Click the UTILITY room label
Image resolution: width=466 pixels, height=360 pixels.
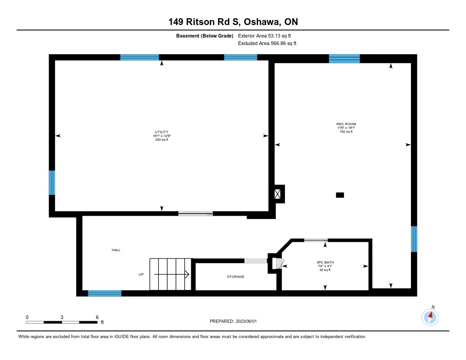162,132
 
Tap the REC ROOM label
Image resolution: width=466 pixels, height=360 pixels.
346,124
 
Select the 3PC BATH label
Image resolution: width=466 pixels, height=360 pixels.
325,262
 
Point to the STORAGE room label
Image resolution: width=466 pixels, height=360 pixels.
236,276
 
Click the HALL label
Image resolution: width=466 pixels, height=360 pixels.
116,250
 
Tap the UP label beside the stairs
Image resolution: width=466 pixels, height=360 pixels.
141,274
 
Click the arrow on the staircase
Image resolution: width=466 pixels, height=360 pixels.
172,274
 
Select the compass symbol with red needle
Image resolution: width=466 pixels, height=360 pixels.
430,317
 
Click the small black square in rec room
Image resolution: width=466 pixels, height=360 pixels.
340,195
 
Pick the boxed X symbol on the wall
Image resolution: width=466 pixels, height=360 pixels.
277,194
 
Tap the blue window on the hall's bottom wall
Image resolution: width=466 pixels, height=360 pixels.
105,294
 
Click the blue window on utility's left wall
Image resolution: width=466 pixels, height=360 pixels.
52,183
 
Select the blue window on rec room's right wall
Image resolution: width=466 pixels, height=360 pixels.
414,239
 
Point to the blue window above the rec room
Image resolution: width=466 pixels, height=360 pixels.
344,59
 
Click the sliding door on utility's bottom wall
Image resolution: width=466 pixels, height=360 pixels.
196,213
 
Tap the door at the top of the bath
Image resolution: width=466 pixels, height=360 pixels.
316,240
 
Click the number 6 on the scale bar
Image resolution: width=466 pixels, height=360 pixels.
97,317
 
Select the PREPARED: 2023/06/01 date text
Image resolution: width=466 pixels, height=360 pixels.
233,321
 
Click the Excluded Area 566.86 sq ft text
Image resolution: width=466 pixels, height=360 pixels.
267,43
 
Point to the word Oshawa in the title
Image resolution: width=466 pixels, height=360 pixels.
262,22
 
